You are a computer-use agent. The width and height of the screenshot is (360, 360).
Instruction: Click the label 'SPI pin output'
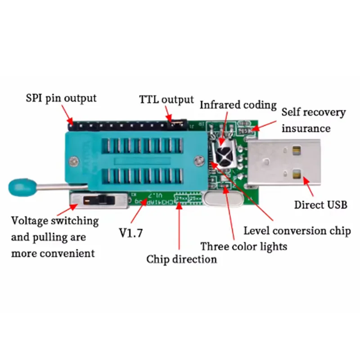coord(60,98)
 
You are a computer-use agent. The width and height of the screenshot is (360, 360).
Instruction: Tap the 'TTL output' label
coord(166,99)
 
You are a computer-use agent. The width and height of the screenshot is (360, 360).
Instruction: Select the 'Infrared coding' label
coord(238,105)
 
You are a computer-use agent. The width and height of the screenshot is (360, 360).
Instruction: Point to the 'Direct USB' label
coord(321,205)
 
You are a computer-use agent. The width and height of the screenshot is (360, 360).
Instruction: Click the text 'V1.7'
coord(130,233)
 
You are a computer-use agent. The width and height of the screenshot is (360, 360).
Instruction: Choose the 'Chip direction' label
coord(181,259)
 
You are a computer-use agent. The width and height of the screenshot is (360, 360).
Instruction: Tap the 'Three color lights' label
coord(243,246)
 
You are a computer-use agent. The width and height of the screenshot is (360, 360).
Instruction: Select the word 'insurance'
coord(306,128)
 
